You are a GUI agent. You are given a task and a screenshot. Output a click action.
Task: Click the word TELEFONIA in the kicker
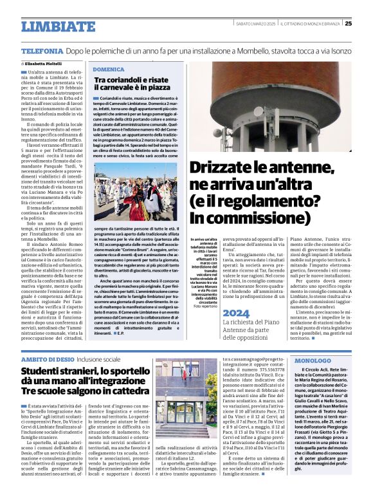pyautogui.click(x=42, y=50)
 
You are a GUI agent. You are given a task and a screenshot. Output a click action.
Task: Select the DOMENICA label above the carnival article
pyautogui.click(x=108, y=68)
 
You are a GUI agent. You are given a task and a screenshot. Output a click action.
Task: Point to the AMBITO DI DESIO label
pyautogui.click(x=47, y=358)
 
